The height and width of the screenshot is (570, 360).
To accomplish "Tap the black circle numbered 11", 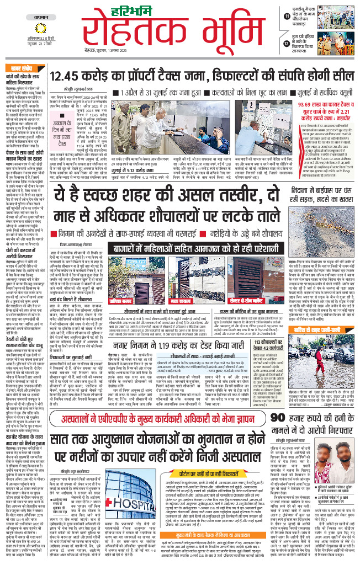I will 288,17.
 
